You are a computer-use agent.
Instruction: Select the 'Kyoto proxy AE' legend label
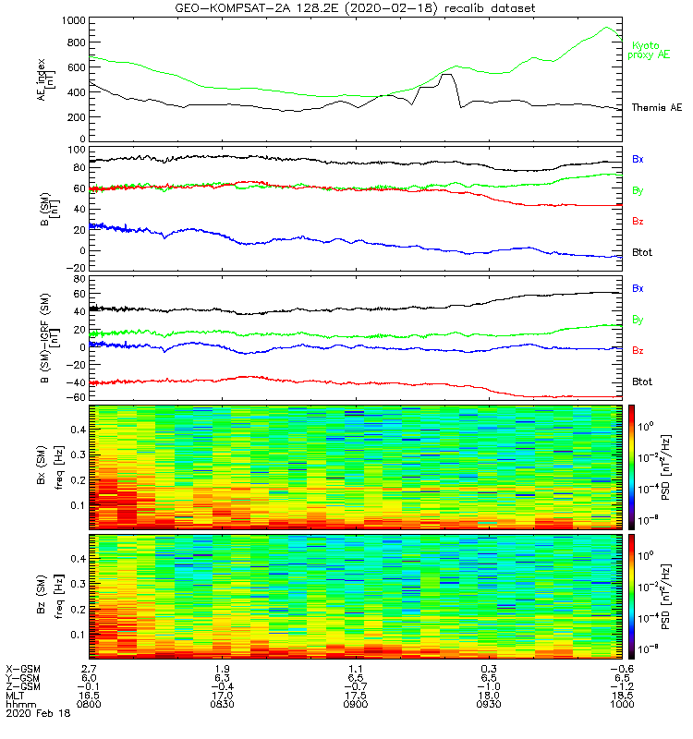point(650,50)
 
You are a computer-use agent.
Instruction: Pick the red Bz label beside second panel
point(638,221)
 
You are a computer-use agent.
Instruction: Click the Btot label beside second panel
point(641,251)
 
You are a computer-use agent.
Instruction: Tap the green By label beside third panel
point(638,320)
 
